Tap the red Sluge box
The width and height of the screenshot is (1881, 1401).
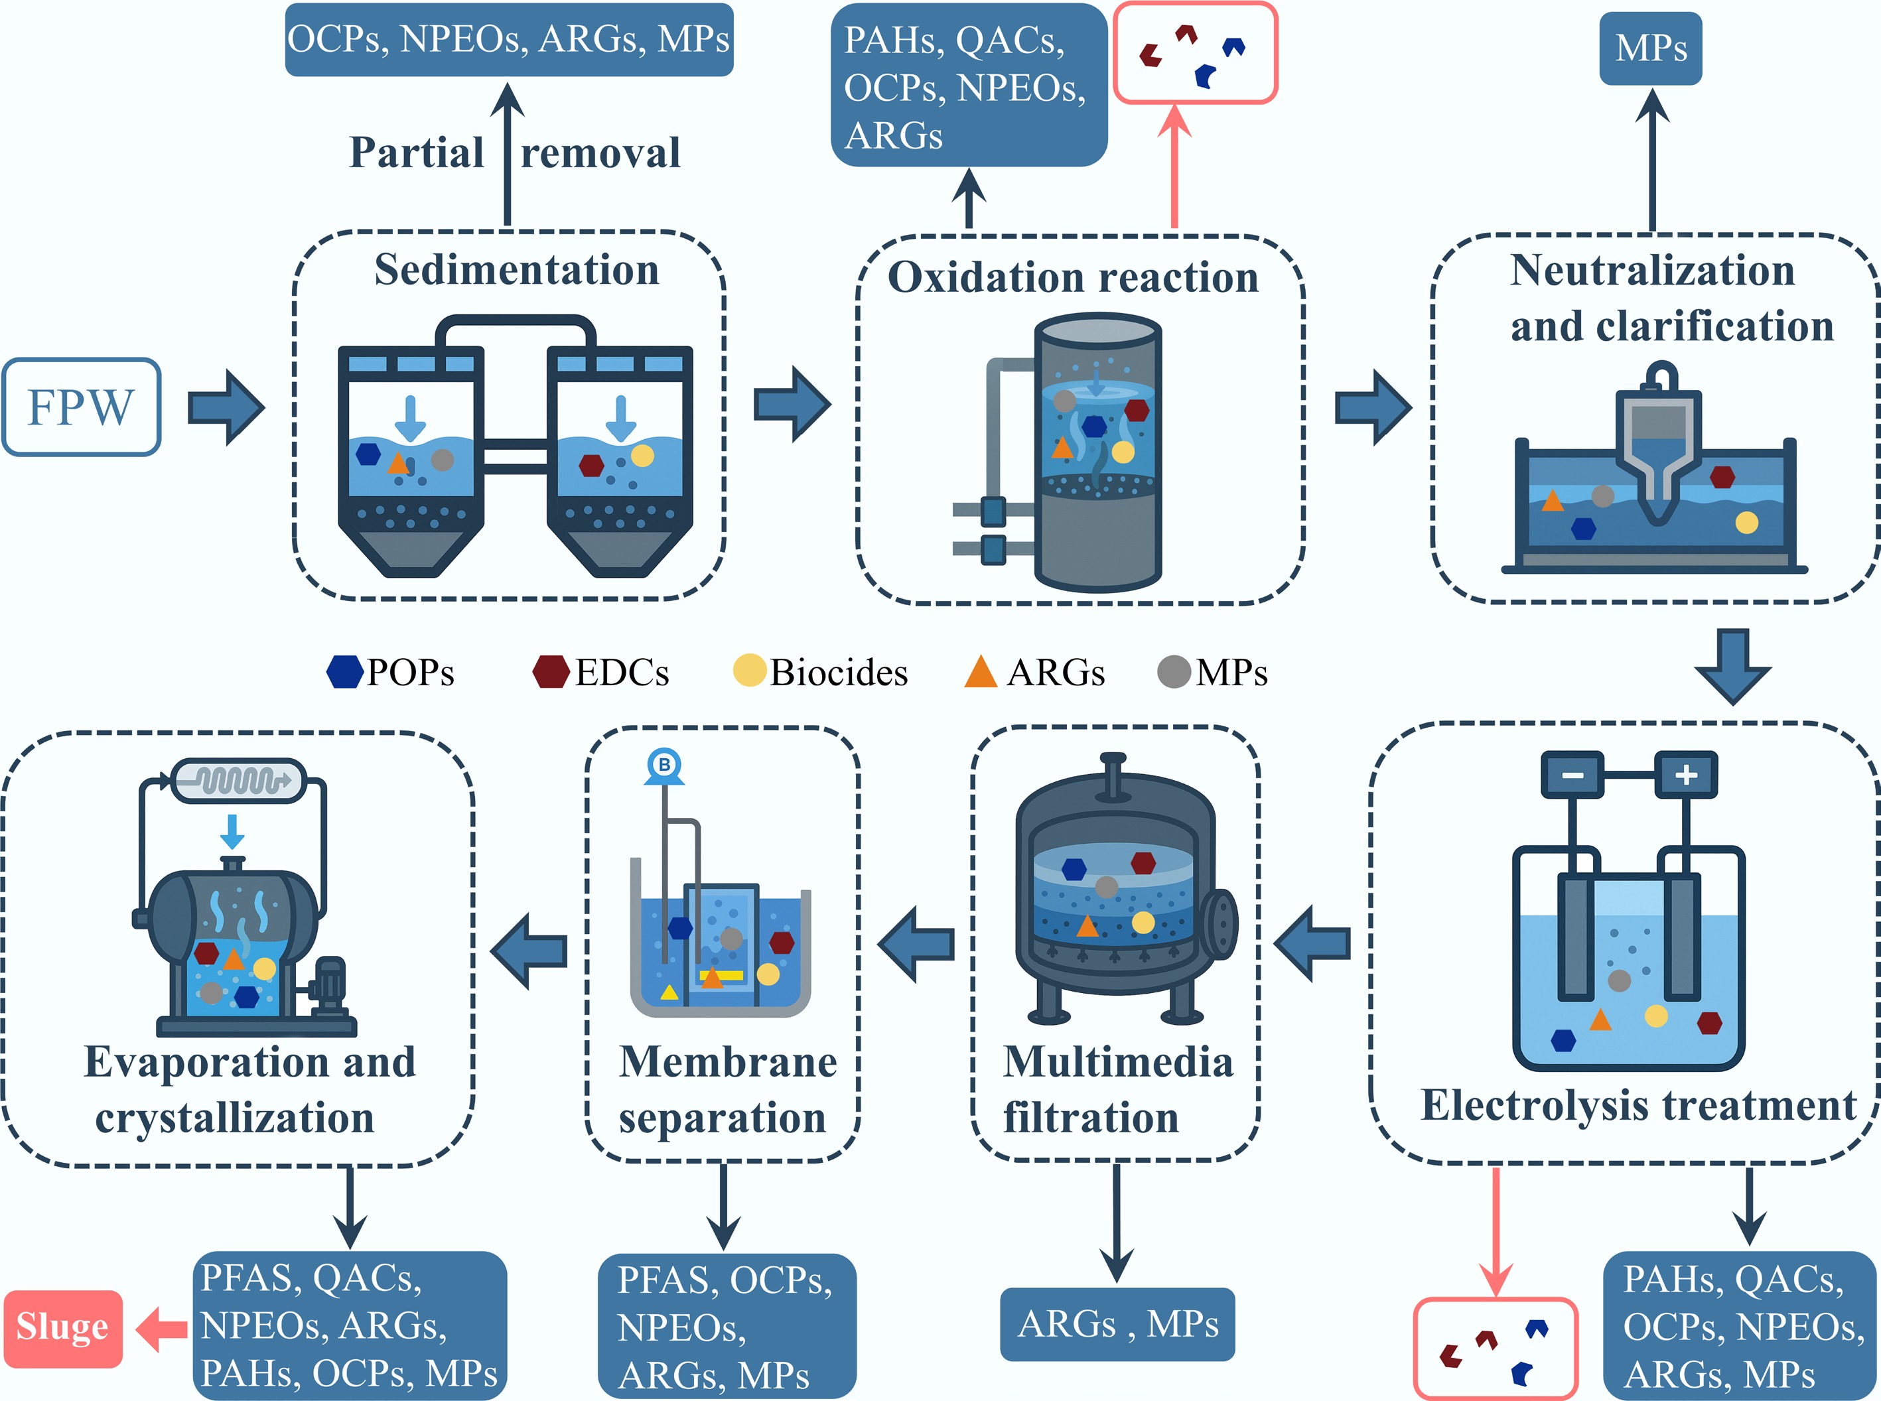(63, 1328)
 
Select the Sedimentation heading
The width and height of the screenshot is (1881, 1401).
(516, 270)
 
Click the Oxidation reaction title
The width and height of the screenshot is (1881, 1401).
(1073, 277)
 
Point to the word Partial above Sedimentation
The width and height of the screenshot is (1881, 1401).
(417, 153)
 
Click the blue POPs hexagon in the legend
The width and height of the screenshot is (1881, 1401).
(344, 672)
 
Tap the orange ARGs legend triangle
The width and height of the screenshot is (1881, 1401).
(981, 672)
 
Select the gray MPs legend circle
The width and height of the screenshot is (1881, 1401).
(1174, 673)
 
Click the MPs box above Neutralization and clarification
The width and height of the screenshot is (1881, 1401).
(1650, 48)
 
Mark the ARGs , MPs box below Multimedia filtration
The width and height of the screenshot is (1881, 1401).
(1117, 1324)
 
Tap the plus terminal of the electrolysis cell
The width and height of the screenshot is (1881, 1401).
(1686, 774)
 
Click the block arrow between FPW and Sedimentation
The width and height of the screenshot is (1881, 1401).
(226, 407)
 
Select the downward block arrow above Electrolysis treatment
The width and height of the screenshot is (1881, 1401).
(1732, 666)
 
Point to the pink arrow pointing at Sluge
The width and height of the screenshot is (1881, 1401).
(163, 1328)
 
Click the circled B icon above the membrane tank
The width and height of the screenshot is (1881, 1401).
(664, 765)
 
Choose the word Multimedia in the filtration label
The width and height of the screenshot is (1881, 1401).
(1118, 1062)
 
